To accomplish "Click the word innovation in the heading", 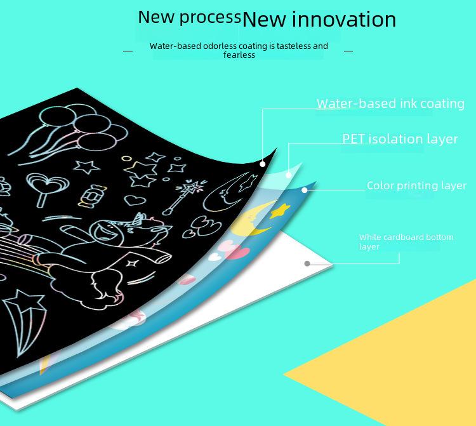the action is (x=344, y=20).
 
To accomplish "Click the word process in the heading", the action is (x=210, y=18).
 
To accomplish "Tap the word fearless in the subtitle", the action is (x=239, y=55).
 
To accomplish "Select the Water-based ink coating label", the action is (x=390, y=103).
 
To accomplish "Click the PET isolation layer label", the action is (x=400, y=139).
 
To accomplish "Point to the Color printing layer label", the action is (x=416, y=185).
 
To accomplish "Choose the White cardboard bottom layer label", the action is (x=406, y=242).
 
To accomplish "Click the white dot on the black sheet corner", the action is (x=263, y=164).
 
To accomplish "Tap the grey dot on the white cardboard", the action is (x=307, y=263).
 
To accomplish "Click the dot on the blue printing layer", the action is (x=305, y=190).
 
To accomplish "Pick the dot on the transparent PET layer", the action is (x=289, y=175).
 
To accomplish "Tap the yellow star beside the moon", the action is (x=280, y=211).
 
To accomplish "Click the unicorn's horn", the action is (x=140, y=219).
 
